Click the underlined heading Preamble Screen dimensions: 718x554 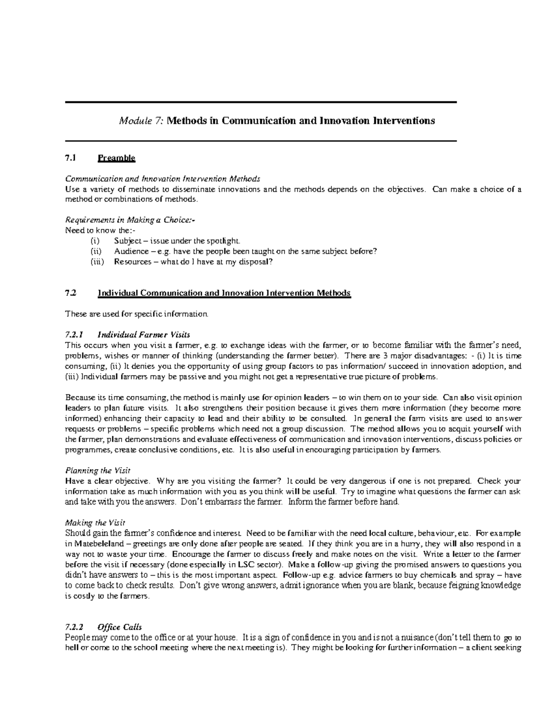[116, 158]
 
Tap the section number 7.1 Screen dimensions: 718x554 [70, 158]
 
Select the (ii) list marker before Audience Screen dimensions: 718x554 [95, 252]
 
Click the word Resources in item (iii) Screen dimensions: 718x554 [132, 262]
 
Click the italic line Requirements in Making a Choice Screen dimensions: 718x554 [130, 220]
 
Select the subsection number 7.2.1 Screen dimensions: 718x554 [74, 335]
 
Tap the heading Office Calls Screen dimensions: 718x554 [119, 627]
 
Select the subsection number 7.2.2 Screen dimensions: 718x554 [74, 627]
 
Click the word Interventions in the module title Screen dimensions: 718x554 [403, 121]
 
